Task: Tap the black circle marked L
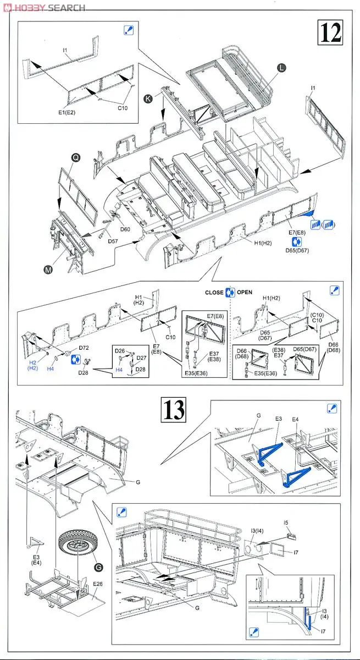click(x=281, y=68)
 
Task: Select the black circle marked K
click(x=148, y=100)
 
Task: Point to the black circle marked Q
click(x=76, y=157)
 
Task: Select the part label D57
click(x=113, y=241)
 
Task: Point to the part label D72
click(x=84, y=348)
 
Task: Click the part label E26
click(x=98, y=584)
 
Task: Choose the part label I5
click(x=286, y=522)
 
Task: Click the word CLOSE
click(x=214, y=293)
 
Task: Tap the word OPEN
click(x=245, y=293)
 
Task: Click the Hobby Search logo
click(x=43, y=7)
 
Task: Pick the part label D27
click(x=142, y=358)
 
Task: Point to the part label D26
click(x=120, y=350)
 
